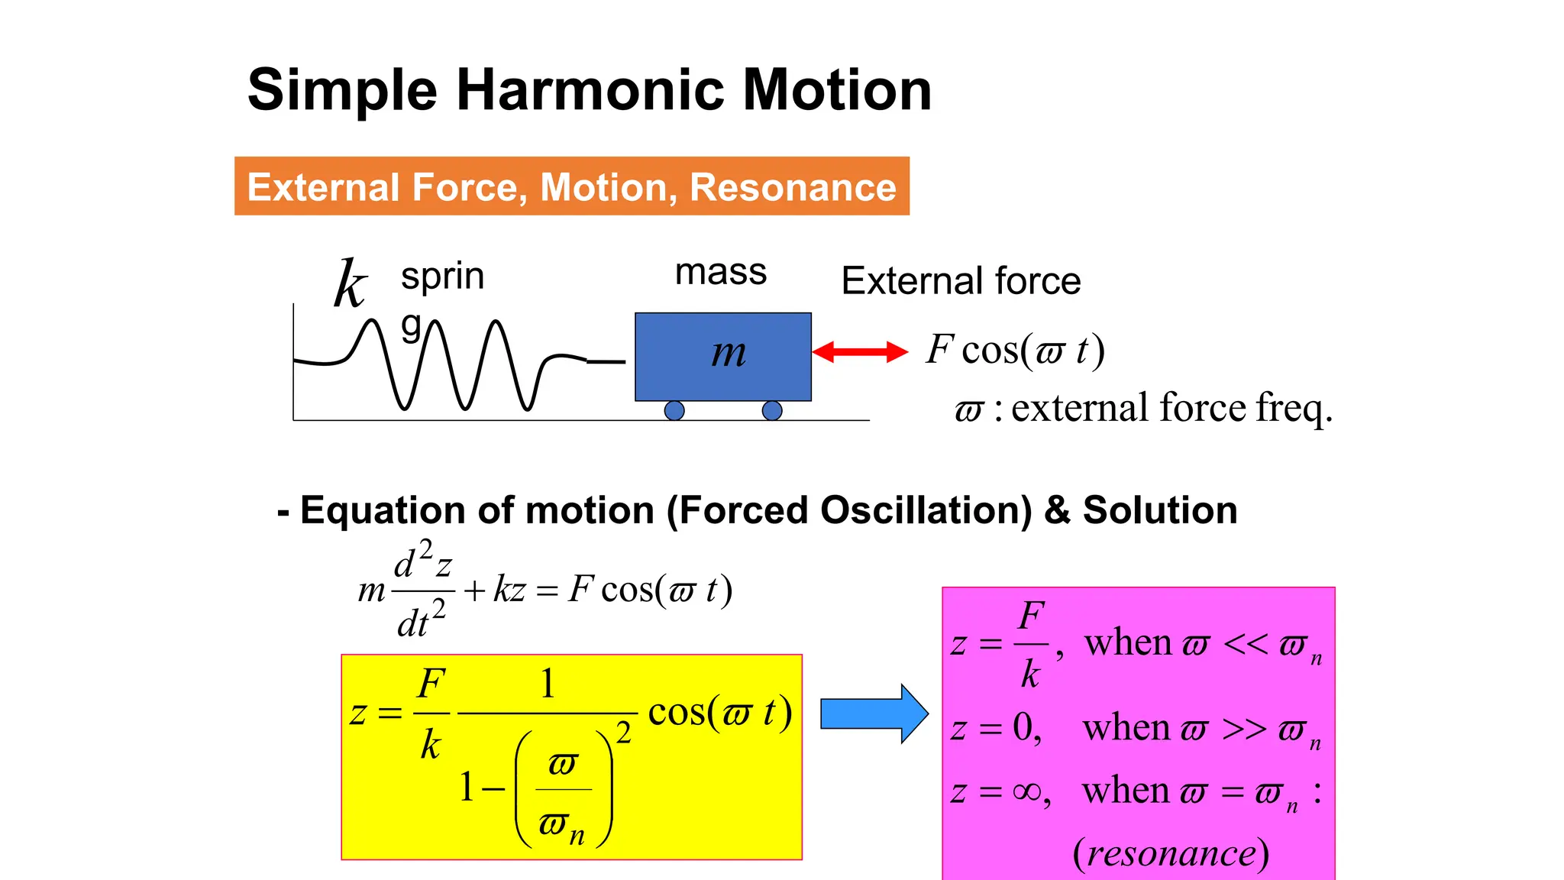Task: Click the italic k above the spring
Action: point(351,284)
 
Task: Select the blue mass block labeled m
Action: point(723,356)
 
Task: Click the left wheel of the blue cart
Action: point(674,411)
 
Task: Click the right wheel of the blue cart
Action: point(772,411)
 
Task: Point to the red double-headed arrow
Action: point(860,352)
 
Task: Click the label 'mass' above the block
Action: point(720,272)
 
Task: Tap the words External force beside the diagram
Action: point(961,281)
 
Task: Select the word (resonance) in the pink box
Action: point(1171,853)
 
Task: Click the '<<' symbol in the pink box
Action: point(1245,644)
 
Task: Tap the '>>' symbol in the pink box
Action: point(1243,729)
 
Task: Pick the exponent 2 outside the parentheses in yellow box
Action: point(624,733)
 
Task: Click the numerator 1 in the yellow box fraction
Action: point(547,683)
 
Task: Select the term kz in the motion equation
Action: point(509,590)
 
